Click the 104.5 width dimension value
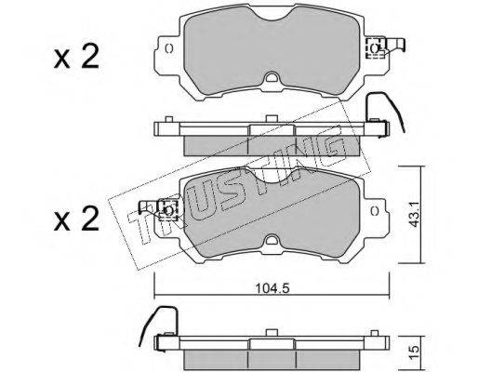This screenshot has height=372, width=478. point(272,288)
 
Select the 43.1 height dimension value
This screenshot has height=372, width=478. point(414,214)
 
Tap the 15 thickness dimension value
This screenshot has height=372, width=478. point(414,352)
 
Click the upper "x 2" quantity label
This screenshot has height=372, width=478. point(76,57)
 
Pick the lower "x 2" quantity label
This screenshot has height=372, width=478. point(76,219)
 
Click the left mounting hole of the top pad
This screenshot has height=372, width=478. point(169,49)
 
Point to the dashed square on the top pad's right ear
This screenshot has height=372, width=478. point(376,48)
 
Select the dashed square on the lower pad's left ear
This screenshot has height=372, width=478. point(167,210)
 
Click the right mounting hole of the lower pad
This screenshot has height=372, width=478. point(375,211)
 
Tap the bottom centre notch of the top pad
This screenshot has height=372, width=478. point(272,77)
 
